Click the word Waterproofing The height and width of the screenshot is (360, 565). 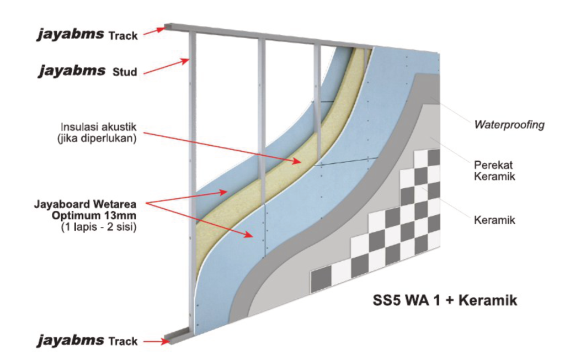509,125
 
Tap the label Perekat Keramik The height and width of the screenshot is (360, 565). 494,171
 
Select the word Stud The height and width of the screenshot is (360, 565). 125,72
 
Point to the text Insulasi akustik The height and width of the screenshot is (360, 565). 98,127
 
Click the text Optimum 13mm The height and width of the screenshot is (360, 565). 94,215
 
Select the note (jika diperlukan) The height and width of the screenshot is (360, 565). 97,139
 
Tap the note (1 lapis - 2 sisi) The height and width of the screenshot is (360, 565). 99,227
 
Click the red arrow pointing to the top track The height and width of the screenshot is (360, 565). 155,31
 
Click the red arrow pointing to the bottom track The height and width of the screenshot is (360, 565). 155,341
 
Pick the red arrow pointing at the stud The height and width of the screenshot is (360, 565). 167,67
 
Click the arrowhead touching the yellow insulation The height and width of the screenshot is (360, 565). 297,161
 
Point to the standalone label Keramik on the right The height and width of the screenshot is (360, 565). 494,220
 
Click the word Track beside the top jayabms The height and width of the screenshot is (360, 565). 123,36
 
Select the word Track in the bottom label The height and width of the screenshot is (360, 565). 123,341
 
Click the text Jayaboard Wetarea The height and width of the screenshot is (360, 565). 85,204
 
